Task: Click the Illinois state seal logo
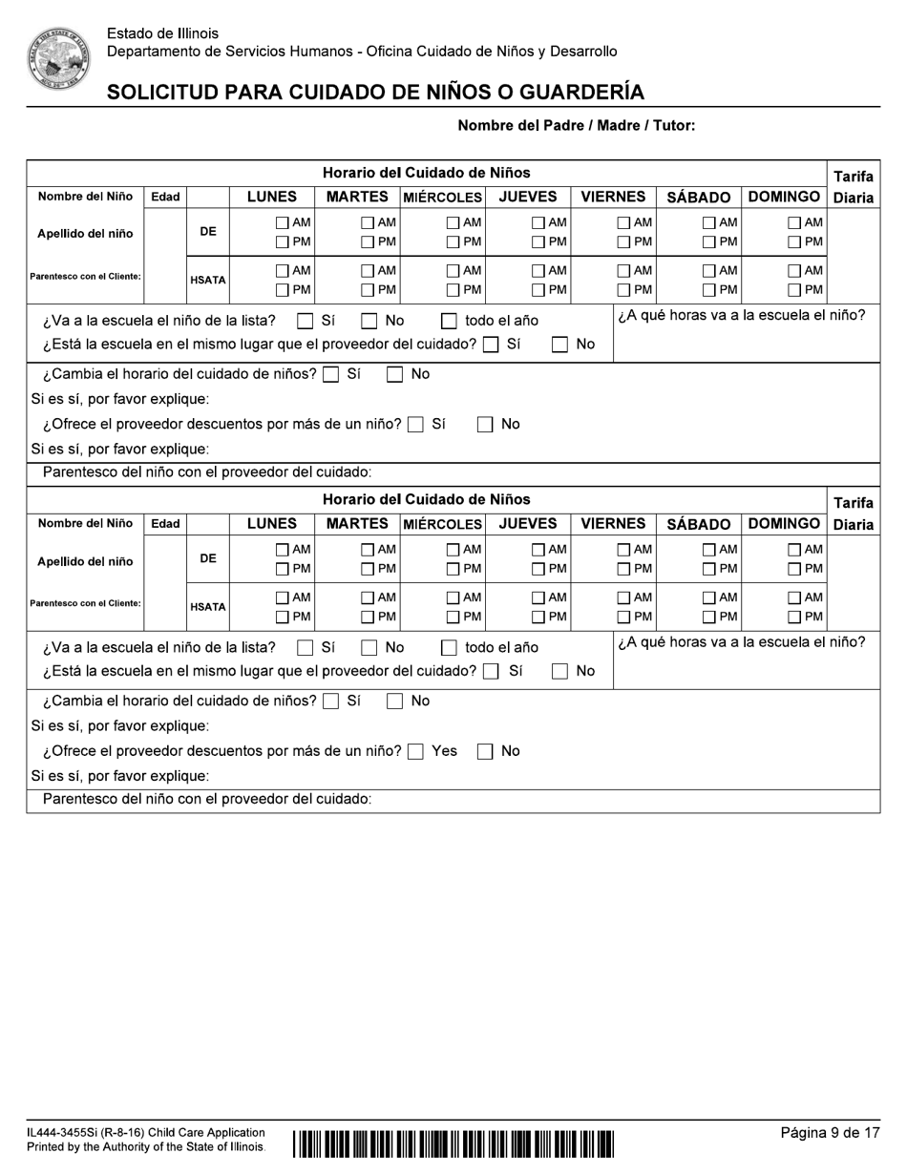point(58,58)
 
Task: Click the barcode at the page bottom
point(453,1143)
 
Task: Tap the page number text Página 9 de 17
point(830,1133)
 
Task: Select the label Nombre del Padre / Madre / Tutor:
point(576,125)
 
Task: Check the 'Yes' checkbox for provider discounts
point(415,752)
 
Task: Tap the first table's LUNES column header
point(272,197)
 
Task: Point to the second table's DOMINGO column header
point(784,523)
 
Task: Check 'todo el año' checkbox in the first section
point(449,322)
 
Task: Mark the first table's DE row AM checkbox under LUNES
point(283,222)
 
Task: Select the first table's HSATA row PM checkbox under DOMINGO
point(794,290)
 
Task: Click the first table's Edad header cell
point(165,197)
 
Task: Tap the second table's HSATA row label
point(207,607)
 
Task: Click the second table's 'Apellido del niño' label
point(85,561)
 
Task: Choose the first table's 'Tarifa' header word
point(853,177)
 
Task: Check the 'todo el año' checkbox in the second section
point(449,648)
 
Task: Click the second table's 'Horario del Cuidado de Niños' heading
point(426,499)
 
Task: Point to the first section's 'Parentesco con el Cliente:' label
point(85,277)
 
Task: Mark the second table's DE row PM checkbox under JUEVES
point(539,570)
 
